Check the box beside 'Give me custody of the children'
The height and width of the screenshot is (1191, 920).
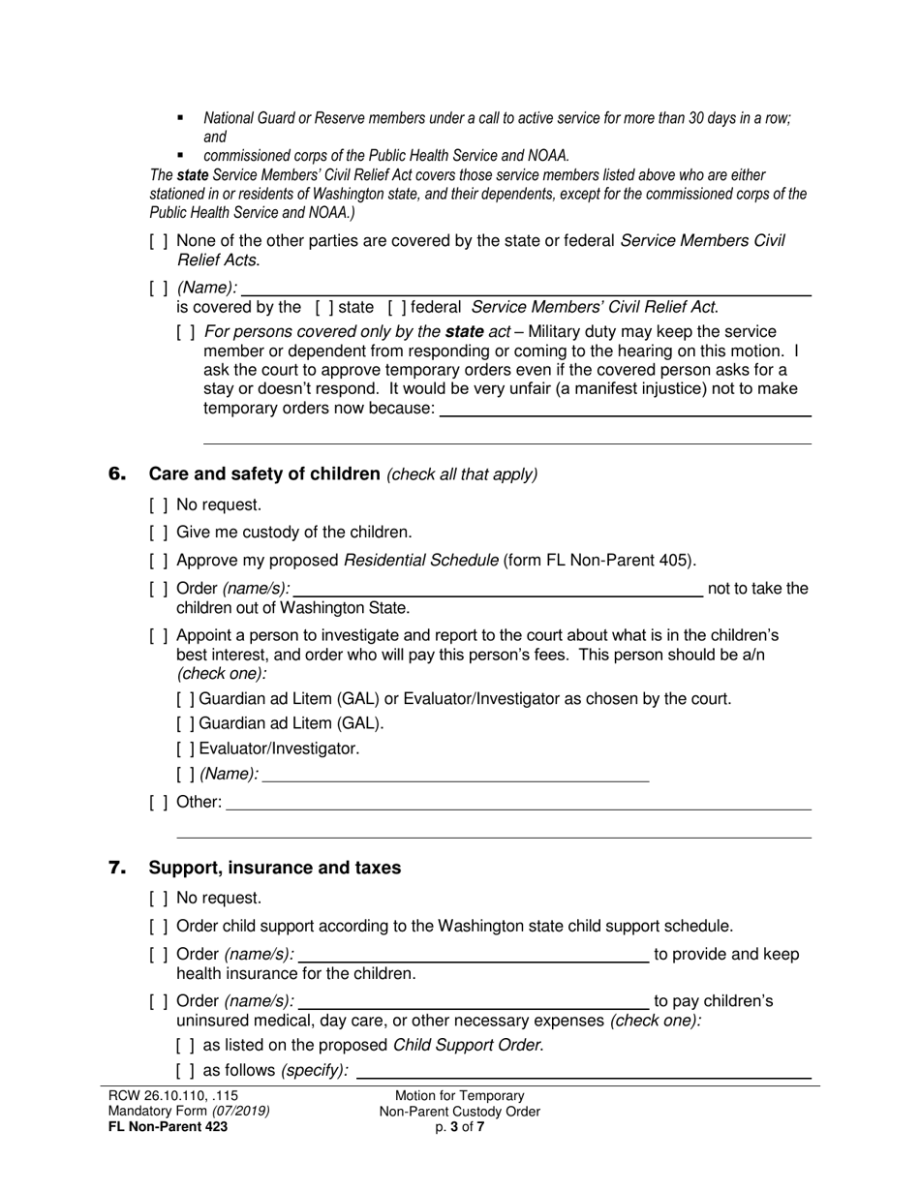(159, 533)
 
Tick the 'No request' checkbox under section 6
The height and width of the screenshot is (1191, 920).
(159, 504)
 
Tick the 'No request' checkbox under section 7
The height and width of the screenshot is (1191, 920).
(159, 898)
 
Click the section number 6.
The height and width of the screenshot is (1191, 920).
(117, 473)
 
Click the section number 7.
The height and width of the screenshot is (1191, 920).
(117, 868)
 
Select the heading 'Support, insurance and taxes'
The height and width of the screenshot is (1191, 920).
(274, 868)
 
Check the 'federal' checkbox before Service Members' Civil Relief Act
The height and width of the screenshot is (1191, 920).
(396, 308)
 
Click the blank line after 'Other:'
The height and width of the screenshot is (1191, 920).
(518, 803)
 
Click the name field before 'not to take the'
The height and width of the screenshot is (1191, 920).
(499, 589)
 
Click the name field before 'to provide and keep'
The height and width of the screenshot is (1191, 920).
(472, 955)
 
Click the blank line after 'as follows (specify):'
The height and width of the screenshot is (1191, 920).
(584, 1071)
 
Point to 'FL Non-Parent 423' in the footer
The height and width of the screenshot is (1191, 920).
(169, 1126)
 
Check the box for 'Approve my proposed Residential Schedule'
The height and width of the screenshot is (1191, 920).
(159, 561)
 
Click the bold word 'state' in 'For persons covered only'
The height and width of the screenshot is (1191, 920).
(465, 331)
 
